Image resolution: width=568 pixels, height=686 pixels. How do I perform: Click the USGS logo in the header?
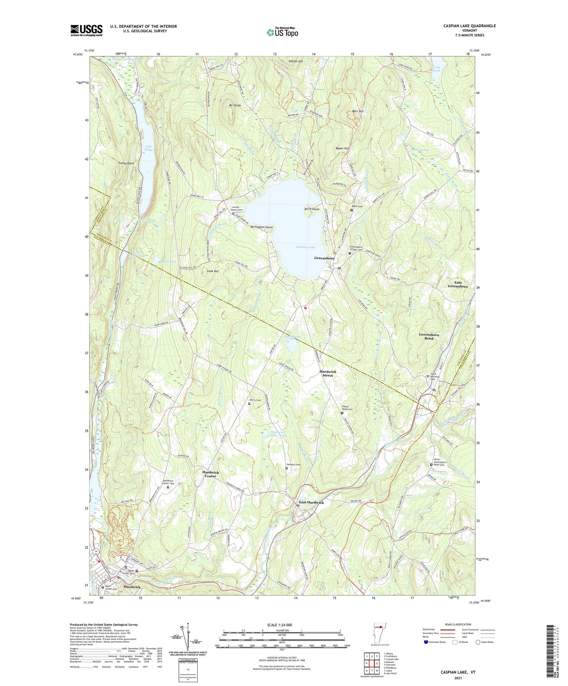[86, 30]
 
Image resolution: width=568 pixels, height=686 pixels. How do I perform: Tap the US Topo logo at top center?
[282, 33]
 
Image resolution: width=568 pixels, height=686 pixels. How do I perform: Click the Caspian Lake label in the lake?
[306, 247]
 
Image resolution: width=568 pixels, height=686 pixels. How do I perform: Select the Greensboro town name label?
[325, 258]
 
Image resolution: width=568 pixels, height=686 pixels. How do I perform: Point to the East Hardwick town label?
[311, 502]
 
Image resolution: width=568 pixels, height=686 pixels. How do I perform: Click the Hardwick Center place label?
[211, 474]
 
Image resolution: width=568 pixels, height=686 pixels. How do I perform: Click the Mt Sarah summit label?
[235, 106]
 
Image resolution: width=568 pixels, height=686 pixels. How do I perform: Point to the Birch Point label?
[312, 209]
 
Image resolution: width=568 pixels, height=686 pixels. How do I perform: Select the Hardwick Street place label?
[328, 373]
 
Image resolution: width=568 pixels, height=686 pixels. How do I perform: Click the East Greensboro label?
[458, 285]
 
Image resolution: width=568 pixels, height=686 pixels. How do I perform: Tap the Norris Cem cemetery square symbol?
[249, 404]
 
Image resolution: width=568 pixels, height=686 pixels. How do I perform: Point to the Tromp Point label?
[126, 163]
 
